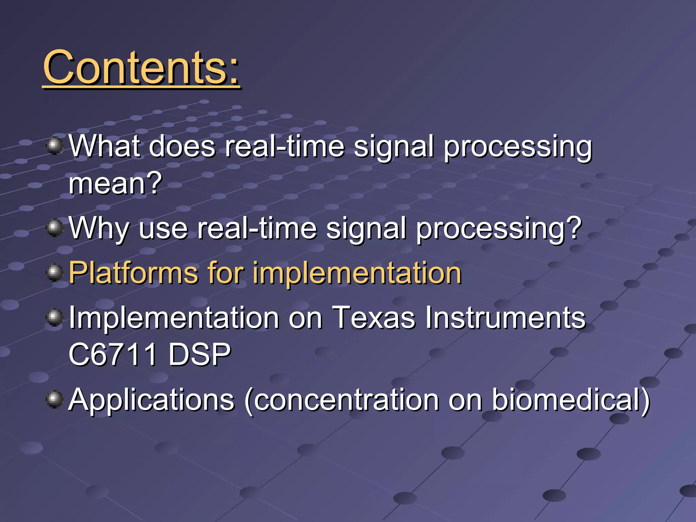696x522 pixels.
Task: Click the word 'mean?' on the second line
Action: (x=115, y=184)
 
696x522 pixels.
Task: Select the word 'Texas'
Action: (x=373, y=317)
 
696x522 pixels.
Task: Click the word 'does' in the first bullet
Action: (x=182, y=146)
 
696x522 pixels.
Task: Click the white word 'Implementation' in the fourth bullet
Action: (x=174, y=317)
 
